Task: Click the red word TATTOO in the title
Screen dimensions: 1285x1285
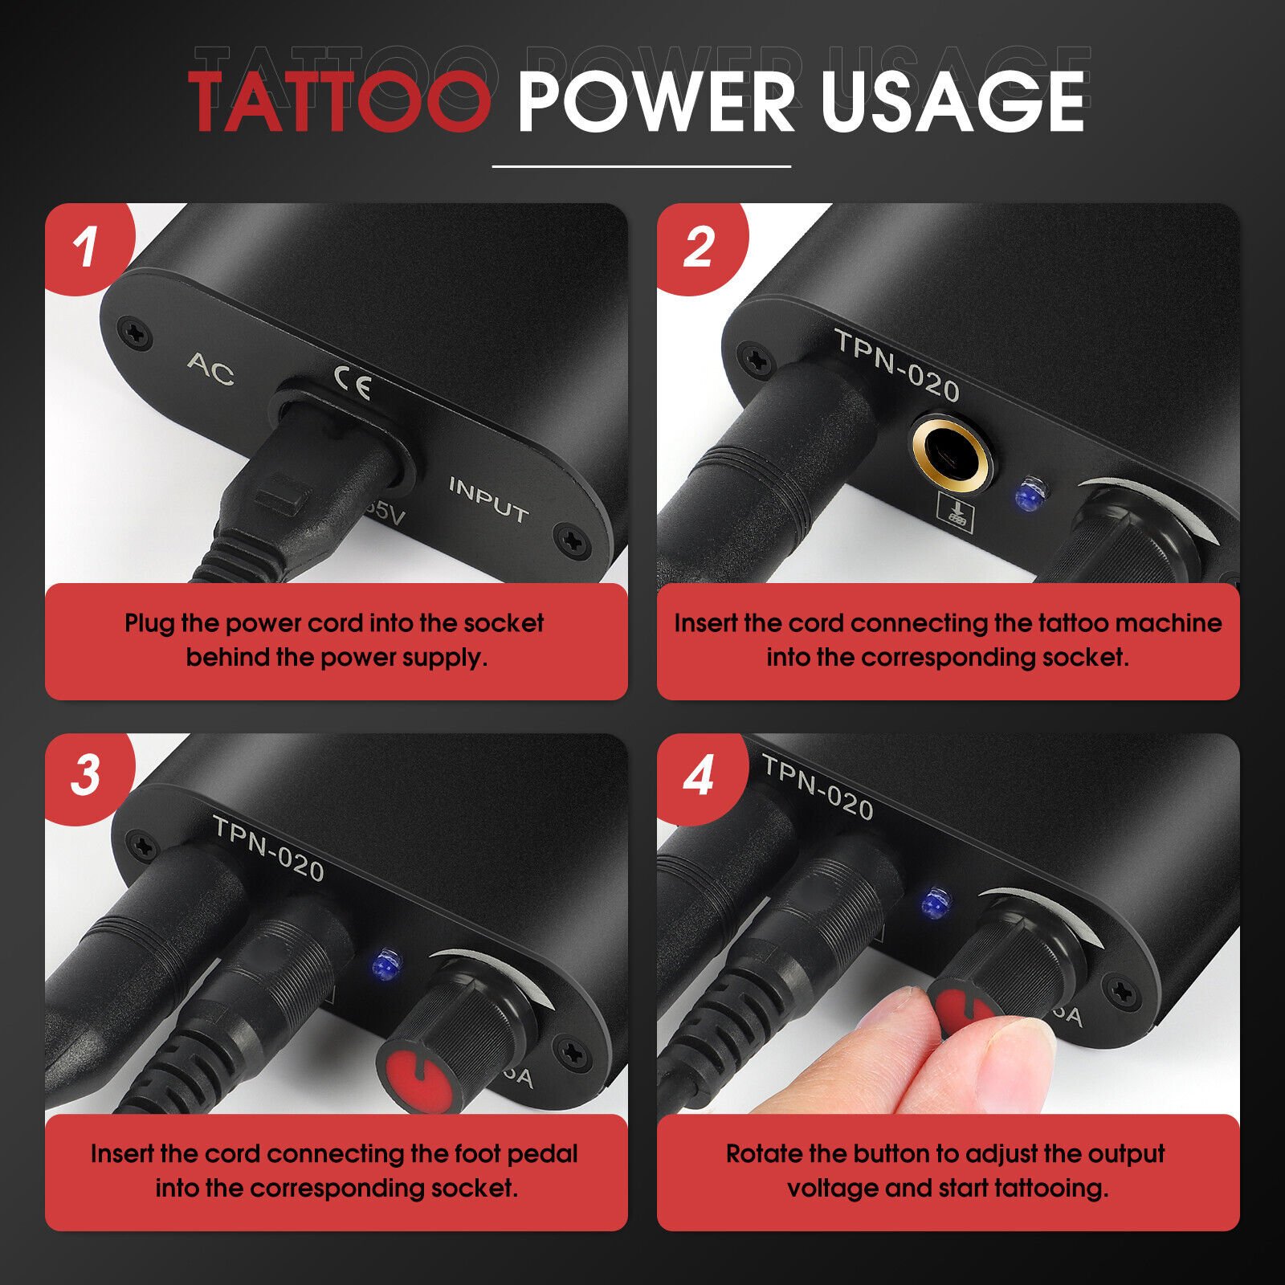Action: (x=339, y=102)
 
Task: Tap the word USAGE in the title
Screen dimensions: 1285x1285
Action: (x=953, y=102)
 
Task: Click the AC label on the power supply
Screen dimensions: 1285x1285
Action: (x=211, y=369)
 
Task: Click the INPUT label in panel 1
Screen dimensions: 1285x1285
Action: (x=488, y=500)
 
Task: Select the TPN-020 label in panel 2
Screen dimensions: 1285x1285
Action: (x=897, y=365)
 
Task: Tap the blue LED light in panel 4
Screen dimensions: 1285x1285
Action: (x=933, y=904)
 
